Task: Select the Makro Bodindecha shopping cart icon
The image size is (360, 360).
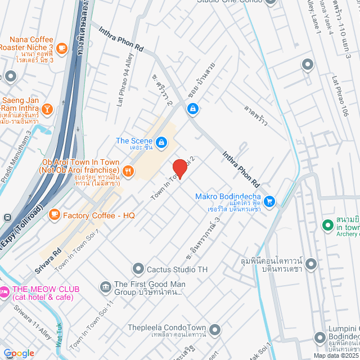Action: pyautogui.click(x=269, y=201)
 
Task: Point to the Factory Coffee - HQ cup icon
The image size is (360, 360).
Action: pyautogui.click(x=55, y=214)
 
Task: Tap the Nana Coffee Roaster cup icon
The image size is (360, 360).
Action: pyautogui.click(x=61, y=49)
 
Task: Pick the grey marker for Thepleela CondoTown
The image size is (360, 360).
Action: pyautogui.click(x=214, y=328)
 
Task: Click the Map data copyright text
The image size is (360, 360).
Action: pyautogui.click(x=335, y=355)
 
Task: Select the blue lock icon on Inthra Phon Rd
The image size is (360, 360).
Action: pyautogui.click(x=192, y=108)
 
